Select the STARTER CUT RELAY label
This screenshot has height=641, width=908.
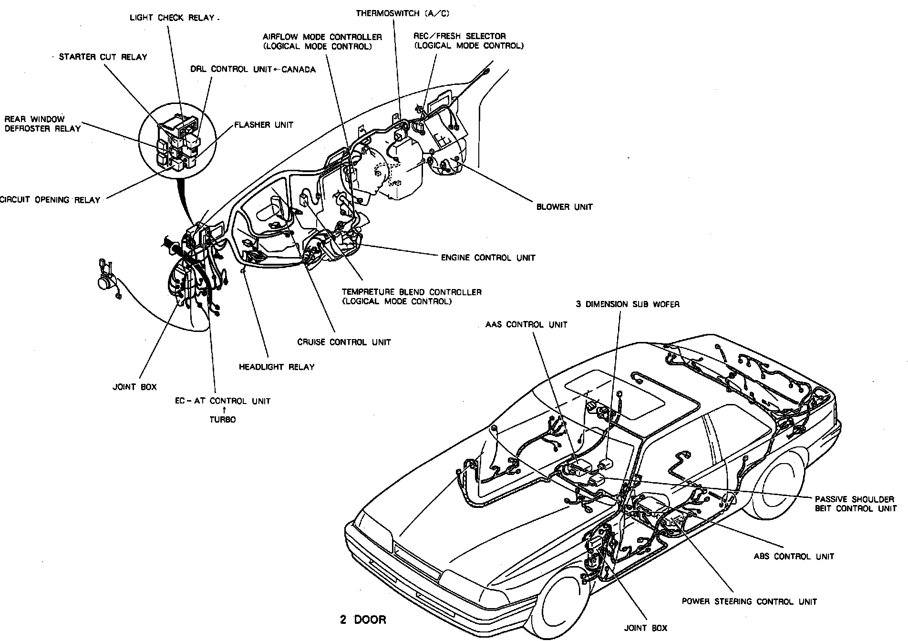pyautogui.click(x=103, y=57)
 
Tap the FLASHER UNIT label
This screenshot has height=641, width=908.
pyautogui.click(x=264, y=125)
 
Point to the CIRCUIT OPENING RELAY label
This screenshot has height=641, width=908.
pyautogui.click(x=50, y=200)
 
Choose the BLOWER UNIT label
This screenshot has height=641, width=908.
pyautogui.click(x=564, y=207)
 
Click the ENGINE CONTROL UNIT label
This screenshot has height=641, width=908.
pyautogui.click(x=488, y=258)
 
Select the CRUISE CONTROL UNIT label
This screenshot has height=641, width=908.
pyautogui.click(x=344, y=342)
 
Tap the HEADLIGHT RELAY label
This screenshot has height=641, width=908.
pyautogui.click(x=277, y=367)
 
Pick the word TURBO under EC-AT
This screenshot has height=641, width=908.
pyautogui.click(x=223, y=420)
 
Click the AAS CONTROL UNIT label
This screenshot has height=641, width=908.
pyautogui.click(x=526, y=325)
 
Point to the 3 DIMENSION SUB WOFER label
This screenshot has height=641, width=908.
pyautogui.click(x=628, y=304)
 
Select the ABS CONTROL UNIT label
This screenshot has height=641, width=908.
pyautogui.click(x=794, y=556)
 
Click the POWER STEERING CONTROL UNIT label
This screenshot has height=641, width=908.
pyautogui.click(x=749, y=601)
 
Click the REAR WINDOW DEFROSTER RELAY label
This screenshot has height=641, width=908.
pyautogui.click(x=42, y=124)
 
